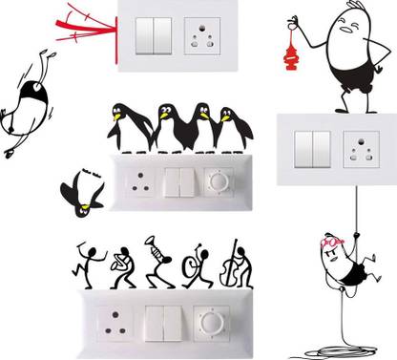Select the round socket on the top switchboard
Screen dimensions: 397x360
pos(202,40)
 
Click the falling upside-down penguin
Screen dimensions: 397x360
pos(80,189)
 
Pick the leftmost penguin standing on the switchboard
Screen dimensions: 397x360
pos(128,124)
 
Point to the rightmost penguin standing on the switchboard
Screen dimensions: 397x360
pos(230,126)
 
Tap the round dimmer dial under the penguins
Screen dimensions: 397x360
pos(219,181)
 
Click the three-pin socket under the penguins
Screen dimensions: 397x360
pos(139,181)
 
